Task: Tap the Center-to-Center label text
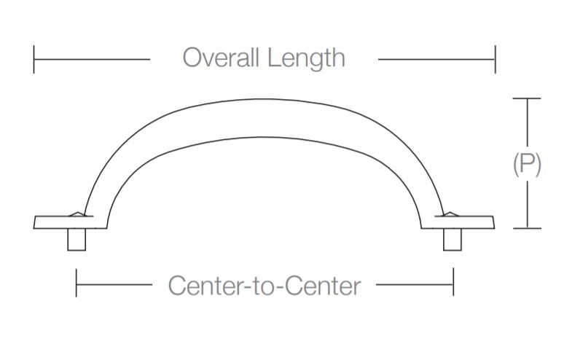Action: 264,286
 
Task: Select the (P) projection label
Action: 527,165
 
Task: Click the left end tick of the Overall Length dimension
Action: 34,59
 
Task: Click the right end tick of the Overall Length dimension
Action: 495,59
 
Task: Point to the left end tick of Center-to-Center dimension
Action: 77,283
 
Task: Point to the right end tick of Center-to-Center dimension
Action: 453,283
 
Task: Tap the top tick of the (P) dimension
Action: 527,98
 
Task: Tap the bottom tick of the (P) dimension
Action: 527,228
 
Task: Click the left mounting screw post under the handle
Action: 77,240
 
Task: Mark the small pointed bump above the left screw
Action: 77,215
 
